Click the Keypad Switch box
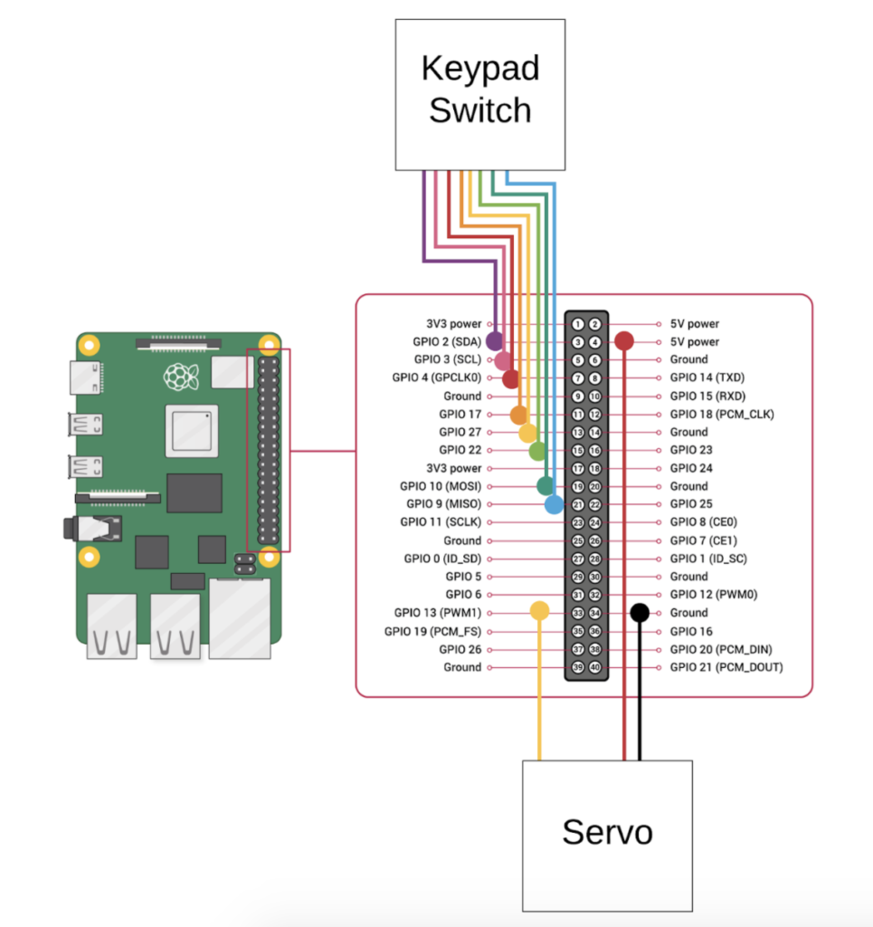tap(480, 94)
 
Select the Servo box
tap(607, 836)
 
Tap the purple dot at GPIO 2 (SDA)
tap(495, 340)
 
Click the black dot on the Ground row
tap(640, 613)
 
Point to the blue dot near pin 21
tap(554, 504)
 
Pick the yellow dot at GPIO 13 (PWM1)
tap(539, 611)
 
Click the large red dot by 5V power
tap(624, 340)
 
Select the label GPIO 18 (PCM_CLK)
tap(722, 415)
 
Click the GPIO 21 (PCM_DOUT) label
tap(726, 667)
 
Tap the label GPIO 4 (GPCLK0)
tap(436, 377)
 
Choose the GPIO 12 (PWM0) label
tap(714, 595)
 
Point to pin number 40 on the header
tap(594, 667)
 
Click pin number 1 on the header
tap(578, 324)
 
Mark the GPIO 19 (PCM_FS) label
tap(432, 631)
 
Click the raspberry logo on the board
tap(181, 377)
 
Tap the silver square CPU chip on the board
tap(192, 431)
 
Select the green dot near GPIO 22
tap(536, 451)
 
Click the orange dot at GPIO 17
tap(519, 415)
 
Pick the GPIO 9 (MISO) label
tap(443, 504)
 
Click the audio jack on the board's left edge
tap(93, 528)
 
